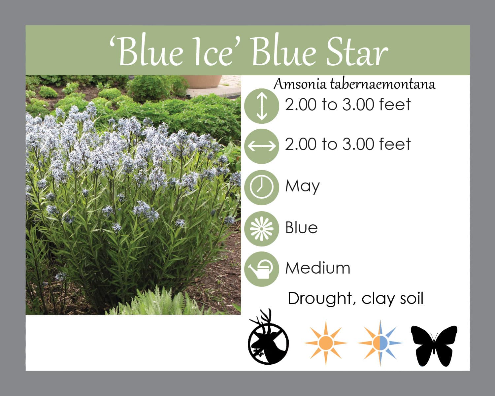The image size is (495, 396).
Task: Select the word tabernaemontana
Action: click(382, 84)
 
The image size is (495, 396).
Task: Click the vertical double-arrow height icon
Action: click(262, 106)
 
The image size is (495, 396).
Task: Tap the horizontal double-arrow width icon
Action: click(262, 146)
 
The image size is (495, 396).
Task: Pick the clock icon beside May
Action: click(262, 187)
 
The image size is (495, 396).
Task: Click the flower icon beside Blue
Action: click(262, 229)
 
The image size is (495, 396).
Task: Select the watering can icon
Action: click(262, 269)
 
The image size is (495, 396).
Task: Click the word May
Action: click(302, 187)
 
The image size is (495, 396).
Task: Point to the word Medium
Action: click(318, 268)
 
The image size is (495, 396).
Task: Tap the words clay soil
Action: click(392, 299)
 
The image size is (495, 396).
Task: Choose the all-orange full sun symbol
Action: click(326, 343)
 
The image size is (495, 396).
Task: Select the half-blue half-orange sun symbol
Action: click(380, 343)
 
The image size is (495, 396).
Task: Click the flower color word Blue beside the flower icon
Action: click(301, 228)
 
